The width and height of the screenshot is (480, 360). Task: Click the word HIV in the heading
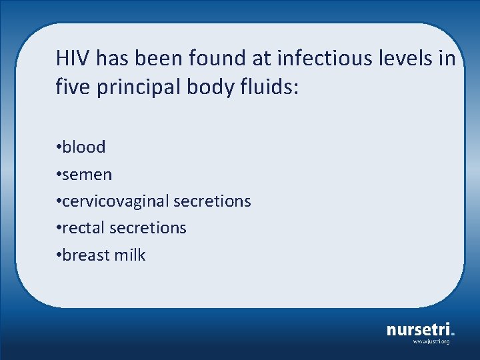point(73,59)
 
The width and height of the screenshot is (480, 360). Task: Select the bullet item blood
point(83,147)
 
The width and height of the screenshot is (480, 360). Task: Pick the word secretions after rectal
point(148,228)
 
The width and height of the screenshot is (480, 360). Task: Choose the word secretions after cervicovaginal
point(213,201)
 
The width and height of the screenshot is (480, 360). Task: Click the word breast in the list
point(86,255)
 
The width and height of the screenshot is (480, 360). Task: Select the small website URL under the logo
point(431,341)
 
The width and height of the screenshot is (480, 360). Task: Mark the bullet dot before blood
point(59,147)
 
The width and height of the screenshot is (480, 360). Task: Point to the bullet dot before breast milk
point(59,255)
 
